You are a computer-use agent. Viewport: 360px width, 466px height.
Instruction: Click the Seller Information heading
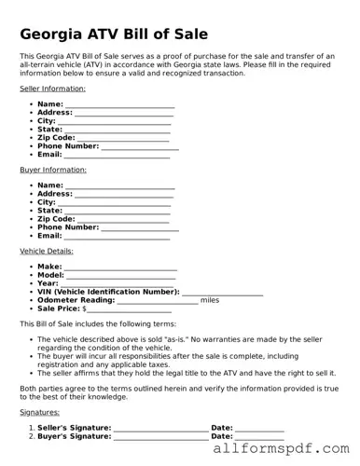53,89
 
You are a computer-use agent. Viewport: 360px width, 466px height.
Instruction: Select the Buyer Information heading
53,170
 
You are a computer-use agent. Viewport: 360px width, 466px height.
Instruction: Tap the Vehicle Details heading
47,251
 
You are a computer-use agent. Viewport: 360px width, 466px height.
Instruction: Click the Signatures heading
39,411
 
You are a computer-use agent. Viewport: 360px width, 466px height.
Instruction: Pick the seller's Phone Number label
68,145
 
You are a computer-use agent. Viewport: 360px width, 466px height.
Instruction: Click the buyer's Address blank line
124,196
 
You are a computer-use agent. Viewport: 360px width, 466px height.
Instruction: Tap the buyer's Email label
49,236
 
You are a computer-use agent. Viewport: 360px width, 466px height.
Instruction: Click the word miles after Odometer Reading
210,300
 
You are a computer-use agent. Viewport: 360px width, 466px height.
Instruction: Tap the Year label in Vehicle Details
48,283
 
